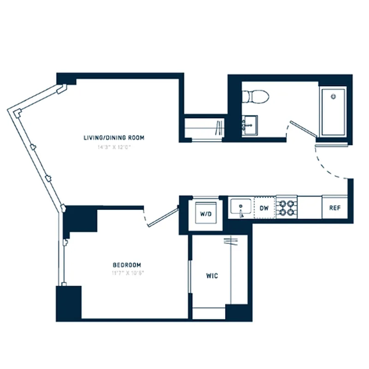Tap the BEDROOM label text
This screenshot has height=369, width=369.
click(127, 265)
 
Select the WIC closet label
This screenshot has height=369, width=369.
click(212, 276)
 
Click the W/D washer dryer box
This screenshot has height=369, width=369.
click(205, 214)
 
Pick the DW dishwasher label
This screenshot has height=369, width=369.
click(264, 208)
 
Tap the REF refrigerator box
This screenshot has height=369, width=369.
click(334, 208)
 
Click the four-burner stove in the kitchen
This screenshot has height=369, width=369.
click(286, 207)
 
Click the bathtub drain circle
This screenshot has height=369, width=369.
click(334, 96)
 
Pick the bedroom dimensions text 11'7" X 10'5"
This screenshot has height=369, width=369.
click(127, 273)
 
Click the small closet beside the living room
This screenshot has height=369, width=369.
click(204, 128)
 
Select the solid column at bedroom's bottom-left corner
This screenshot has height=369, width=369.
click(69, 303)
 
